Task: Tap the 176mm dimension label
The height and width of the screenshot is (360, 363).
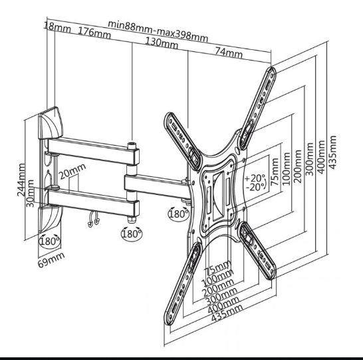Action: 94,32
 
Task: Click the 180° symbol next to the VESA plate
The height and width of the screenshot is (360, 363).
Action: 178,215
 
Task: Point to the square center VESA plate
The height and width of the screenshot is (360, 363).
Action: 215,192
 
